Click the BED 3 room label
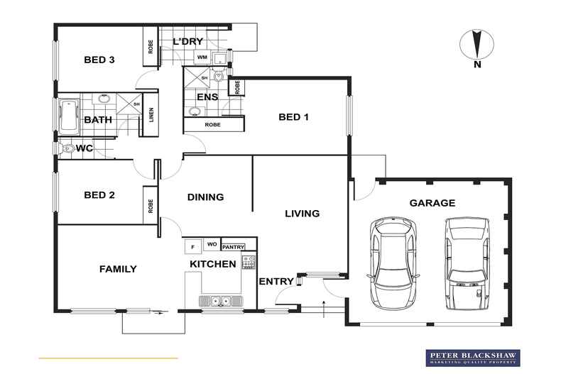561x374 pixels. click(x=99, y=60)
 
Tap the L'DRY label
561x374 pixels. click(x=188, y=41)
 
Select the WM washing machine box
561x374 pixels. click(x=202, y=57)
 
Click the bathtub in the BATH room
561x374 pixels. click(x=68, y=117)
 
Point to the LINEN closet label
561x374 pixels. click(x=151, y=115)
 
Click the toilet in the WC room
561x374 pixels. click(x=67, y=148)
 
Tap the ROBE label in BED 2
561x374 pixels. click(x=151, y=206)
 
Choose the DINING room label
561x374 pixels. click(x=205, y=197)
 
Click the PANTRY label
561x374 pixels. click(x=233, y=247)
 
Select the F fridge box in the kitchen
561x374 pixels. click(x=193, y=246)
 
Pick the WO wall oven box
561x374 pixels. click(x=212, y=244)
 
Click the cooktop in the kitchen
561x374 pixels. click(x=249, y=262)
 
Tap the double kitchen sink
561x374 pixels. click(x=221, y=301)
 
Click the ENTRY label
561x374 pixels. click(x=276, y=282)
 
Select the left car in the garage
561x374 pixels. click(x=393, y=263)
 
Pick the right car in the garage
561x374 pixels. click(x=467, y=263)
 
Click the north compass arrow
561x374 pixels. click(x=476, y=44)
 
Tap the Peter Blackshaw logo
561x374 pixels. click(x=473, y=358)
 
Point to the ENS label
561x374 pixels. click(x=207, y=97)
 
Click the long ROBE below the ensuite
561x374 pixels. click(x=214, y=125)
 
